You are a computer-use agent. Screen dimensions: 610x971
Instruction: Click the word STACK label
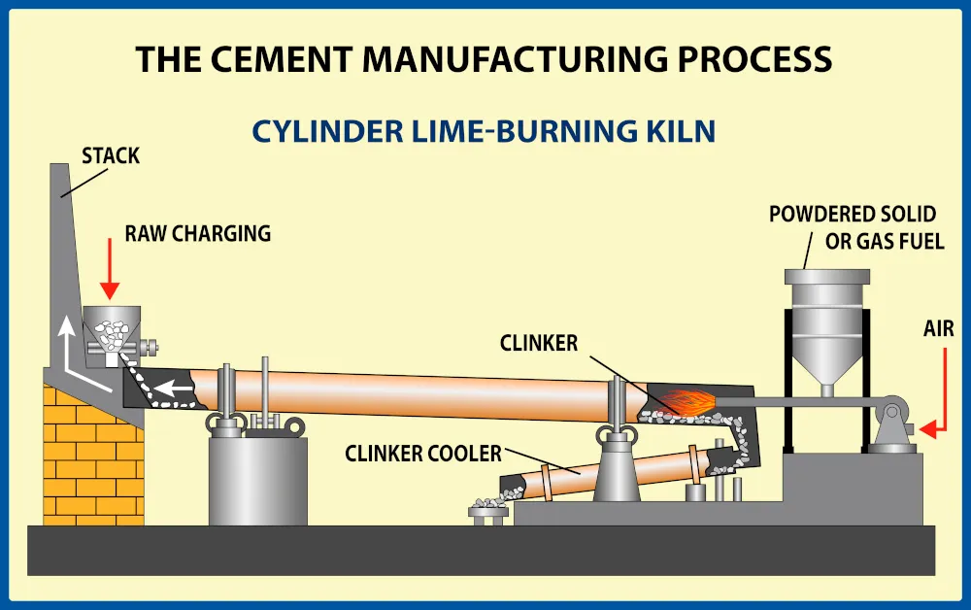tap(111, 155)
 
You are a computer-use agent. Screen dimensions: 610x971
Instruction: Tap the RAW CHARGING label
tap(197, 234)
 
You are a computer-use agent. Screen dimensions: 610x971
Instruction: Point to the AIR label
tap(938, 329)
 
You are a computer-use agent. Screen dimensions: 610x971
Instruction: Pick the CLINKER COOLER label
tap(423, 453)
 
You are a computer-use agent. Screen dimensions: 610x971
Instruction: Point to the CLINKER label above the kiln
tap(539, 343)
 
